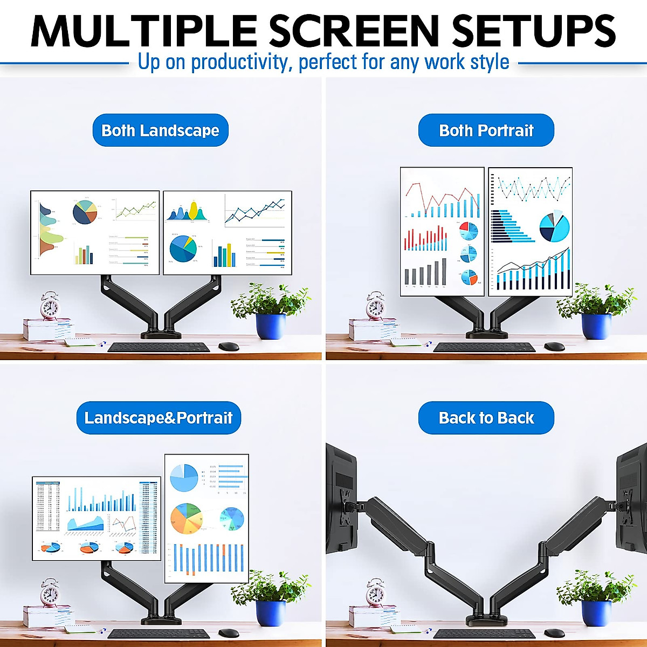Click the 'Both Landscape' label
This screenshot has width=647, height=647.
(160, 130)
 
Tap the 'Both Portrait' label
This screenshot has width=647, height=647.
(486, 130)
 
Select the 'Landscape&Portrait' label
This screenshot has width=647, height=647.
(159, 418)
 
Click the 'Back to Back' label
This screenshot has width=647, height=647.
(486, 418)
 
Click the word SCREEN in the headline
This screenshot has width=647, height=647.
(354, 31)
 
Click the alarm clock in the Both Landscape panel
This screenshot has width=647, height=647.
(50, 306)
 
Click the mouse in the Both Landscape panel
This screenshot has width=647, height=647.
(229, 346)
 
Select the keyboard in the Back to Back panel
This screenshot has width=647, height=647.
(484, 634)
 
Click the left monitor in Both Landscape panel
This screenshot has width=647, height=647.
(95, 232)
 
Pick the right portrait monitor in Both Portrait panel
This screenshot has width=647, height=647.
(530, 232)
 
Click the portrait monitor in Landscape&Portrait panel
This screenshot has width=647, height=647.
(207, 518)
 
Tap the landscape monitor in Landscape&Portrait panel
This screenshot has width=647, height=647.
(97, 518)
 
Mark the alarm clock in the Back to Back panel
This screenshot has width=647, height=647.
(375, 593)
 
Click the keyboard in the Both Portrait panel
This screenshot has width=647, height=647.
(484, 347)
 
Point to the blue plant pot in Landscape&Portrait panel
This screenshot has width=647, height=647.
(271, 613)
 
